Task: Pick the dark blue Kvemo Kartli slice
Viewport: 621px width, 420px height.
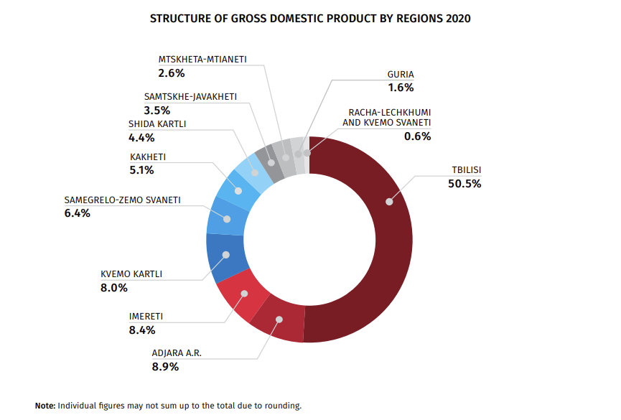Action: coord(225,256)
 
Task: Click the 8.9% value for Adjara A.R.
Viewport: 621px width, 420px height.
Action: coord(165,366)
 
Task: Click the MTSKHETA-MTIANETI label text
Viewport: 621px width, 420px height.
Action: coord(202,60)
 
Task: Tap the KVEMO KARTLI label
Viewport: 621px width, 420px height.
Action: coord(131,274)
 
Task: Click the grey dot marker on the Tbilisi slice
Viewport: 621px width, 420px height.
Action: coord(389,202)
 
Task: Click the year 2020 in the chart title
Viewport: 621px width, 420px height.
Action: coord(458,19)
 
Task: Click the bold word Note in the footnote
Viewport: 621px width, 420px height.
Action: coord(45,406)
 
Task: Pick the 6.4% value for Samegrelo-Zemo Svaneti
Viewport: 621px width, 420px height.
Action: coord(77,213)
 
